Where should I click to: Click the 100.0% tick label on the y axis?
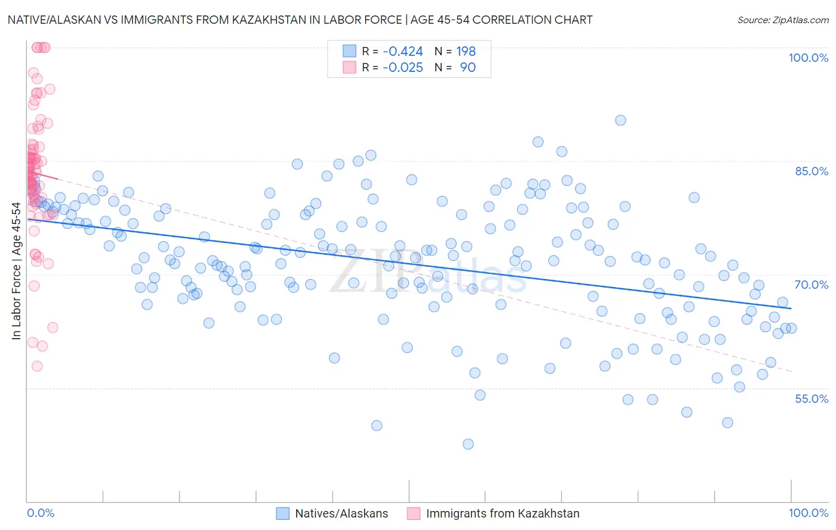(808, 58)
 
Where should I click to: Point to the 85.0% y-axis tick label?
(812, 171)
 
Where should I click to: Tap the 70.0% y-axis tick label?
(812, 285)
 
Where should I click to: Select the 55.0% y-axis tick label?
(812, 399)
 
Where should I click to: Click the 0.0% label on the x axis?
(40, 513)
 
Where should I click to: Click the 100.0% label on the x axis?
(808, 513)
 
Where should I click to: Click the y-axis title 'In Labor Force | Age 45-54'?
(16, 271)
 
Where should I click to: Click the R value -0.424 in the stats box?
(403, 52)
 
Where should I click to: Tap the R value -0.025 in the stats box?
(403, 68)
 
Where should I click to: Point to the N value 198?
(466, 52)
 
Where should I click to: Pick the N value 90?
(467, 68)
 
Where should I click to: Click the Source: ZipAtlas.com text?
(782, 20)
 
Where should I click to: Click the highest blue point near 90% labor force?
(620, 120)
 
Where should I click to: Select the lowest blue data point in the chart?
(468, 444)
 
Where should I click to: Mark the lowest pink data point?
(37, 366)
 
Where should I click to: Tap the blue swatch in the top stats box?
(349, 51)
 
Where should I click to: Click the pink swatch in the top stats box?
(349, 67)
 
